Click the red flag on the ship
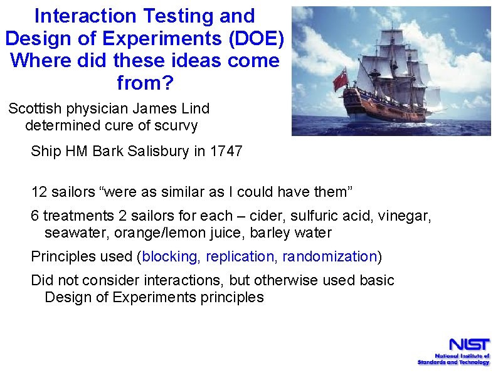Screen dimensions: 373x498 point(341,79)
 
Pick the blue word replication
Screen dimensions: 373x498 point(240,256)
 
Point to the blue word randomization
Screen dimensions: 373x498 point(329,256)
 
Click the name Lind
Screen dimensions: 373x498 point(195,108)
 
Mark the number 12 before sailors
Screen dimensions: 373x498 point(39,191)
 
